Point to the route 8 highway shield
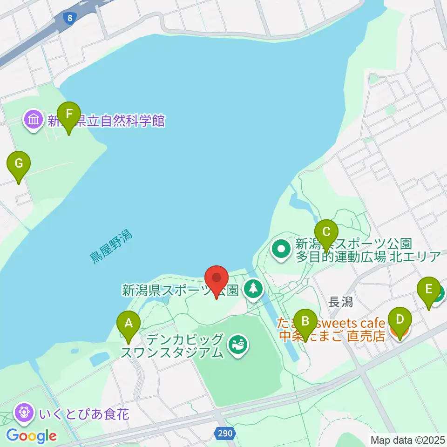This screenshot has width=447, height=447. pyautogui.click(x=69, y=18)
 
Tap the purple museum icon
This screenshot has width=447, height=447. pyautogui.click(x=34, y=120)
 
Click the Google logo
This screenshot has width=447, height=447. pyautogui.click(x=31, y=436)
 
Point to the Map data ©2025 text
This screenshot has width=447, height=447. pyautogui.click(x=407, y=440)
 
